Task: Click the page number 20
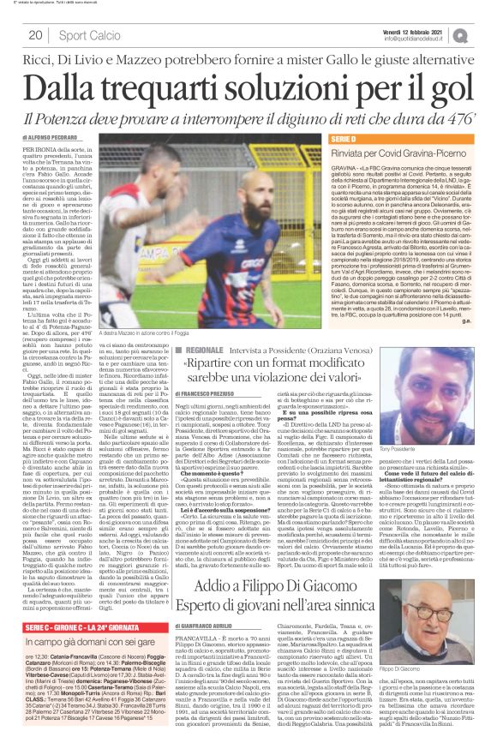click(x=35, y=35)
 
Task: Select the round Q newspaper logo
click(x=484, y=33)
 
